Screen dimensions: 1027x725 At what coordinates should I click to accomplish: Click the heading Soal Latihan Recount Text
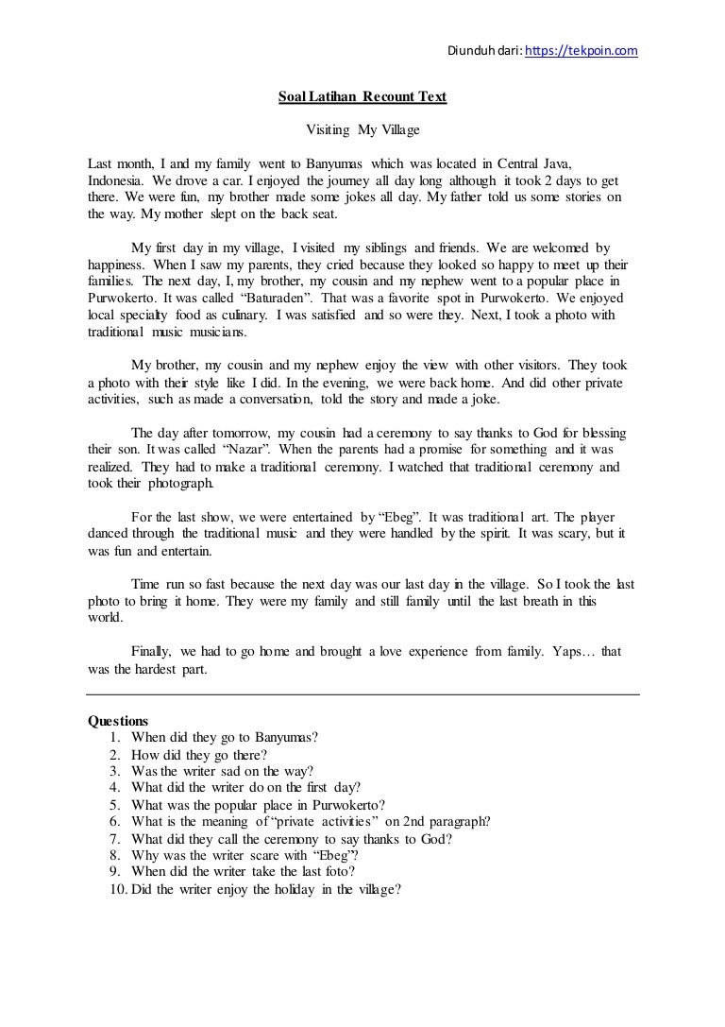tap(362, 96)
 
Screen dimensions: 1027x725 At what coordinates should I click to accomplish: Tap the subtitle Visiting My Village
tap(363, 128)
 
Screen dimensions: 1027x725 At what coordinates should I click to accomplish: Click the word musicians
tap(216, 333)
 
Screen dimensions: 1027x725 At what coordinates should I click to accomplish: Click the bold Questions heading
tap(117, 719)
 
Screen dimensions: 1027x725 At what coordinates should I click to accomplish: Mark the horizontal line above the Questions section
tap(362, 694)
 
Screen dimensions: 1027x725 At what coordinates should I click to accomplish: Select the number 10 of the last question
tap(119, 889)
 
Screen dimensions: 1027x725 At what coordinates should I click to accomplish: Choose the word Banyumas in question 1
tap(281, 736)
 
